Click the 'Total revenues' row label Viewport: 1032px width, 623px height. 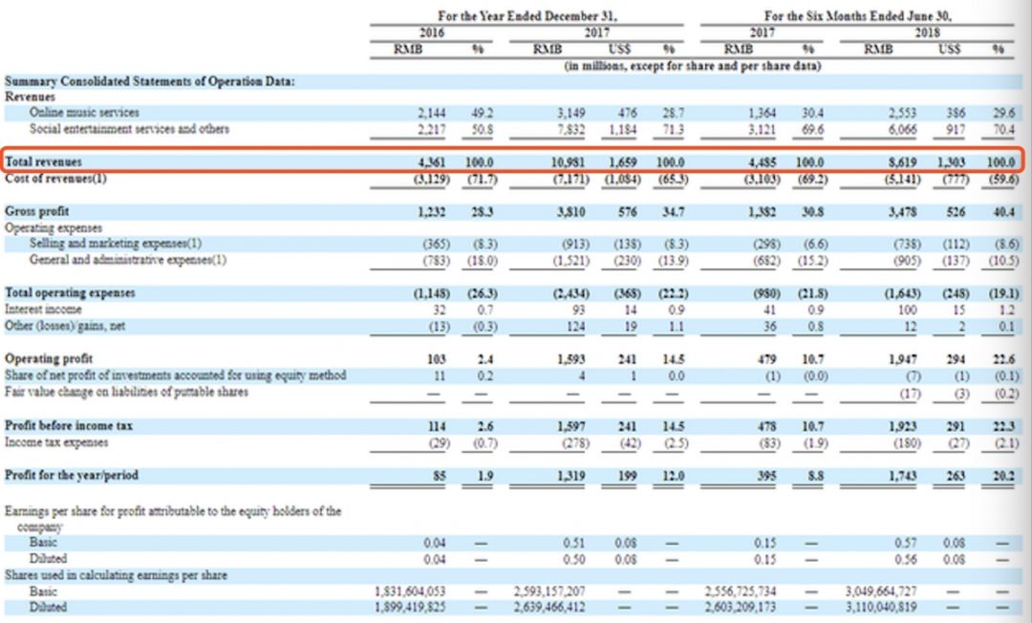click(44, 162)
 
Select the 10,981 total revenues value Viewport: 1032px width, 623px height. click(566, 162)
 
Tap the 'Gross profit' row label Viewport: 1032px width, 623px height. click(37, 210)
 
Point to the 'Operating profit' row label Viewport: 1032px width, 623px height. click(45, 358)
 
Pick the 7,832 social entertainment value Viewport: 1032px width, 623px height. click(569, 128)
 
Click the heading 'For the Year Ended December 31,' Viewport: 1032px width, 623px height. click(527, 16)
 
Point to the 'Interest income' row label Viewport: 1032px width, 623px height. click(43, 310)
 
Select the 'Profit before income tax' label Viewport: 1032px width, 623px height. click(69, 424)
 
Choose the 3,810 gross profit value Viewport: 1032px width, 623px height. click(569, 210)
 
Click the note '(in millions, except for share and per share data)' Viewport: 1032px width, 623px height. click(680, 66)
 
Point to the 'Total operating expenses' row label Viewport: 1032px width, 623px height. click(71, 291)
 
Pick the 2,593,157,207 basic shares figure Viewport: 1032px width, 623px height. click(549, 591)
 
